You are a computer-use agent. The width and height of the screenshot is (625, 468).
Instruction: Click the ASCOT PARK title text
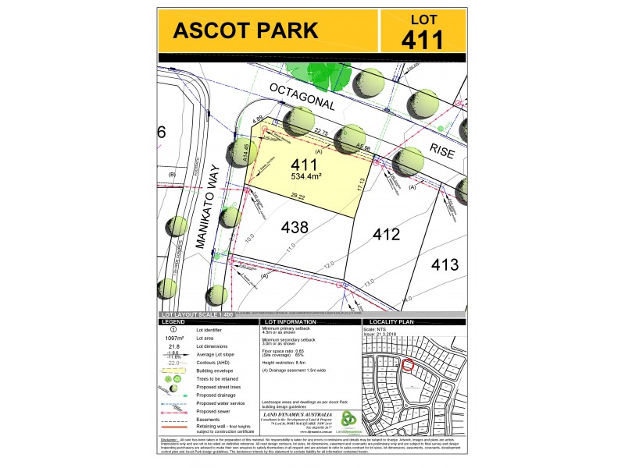(245, 31)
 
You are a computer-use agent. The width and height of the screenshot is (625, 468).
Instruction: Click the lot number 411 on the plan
(303, 166)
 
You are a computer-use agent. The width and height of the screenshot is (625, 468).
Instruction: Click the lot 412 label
(387, 234)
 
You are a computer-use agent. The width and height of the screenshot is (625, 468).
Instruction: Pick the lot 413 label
(445, 264)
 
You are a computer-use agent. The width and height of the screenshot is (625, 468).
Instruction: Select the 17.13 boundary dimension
(361, 186)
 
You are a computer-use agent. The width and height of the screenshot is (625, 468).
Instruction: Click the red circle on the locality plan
(406, 364)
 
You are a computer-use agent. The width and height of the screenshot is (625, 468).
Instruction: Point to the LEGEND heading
(173, 321)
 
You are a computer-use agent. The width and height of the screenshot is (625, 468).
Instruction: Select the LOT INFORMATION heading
(291, 321)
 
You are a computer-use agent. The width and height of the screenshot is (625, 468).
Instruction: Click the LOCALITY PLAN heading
(391, 321)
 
